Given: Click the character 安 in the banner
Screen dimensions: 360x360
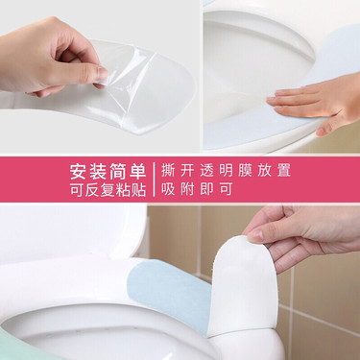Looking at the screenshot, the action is [80, 171].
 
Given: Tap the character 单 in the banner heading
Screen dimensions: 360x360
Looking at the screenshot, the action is [137, 171].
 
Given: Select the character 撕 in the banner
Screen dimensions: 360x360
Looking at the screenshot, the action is [168, 170].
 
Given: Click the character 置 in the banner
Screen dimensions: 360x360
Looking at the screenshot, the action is [283, 170].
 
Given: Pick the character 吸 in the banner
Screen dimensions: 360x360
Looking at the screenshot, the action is [168, 189].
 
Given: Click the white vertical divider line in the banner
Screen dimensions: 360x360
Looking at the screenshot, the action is [154, 180].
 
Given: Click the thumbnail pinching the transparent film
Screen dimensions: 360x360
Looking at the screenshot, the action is [103, 75].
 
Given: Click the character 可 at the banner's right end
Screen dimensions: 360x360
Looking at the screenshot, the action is [226, 189].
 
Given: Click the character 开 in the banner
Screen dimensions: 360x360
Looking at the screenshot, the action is [187, 170].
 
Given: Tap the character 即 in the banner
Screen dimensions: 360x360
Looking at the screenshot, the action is [206, 189].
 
